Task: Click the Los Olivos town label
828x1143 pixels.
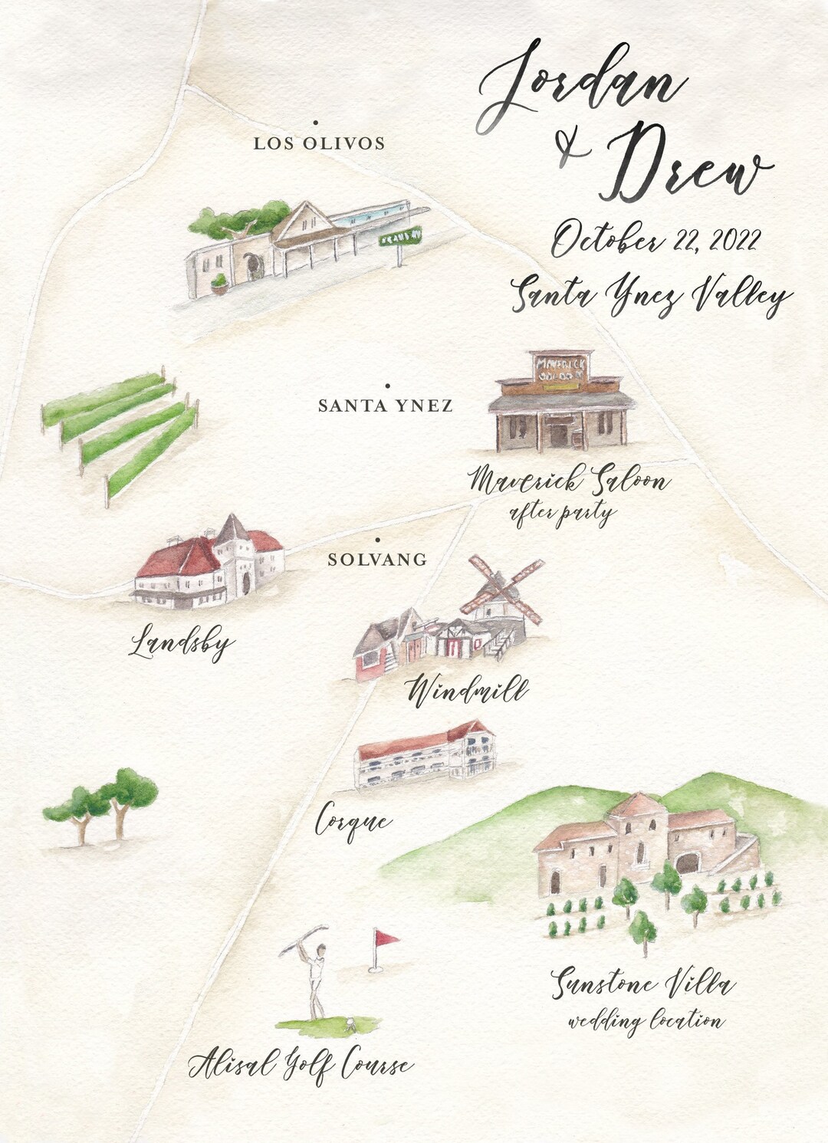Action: [x=319, y=143]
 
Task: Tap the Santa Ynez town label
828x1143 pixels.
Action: [x=386, y=406]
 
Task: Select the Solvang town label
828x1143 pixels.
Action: [x=377, y=560]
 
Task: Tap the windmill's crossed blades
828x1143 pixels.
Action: [x=502, y=590]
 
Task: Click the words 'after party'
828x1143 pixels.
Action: [x=562, y=514]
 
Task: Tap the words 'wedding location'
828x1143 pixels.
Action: [x=645, y=1021]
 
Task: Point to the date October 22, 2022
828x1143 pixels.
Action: [x=655, y=239]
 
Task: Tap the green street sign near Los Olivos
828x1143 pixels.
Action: [x=401, y=238]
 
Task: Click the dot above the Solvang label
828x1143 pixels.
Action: [x=377, y=541]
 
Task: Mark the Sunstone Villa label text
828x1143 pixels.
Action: [x=643, y=984]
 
